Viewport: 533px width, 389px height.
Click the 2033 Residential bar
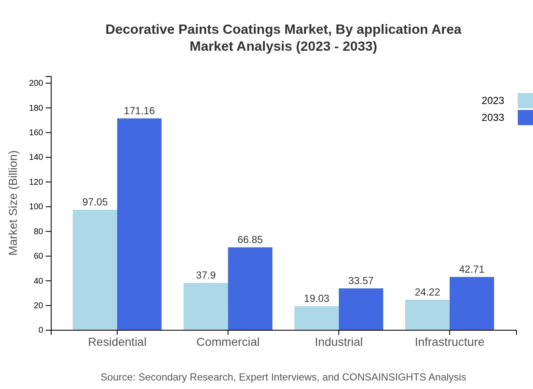(x=139, y=224)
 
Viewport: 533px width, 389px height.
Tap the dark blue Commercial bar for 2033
(x=250, y=288)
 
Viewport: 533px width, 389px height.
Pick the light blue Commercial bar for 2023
(x=206, y=306)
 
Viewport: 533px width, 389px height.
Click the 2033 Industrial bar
(x=361, y=309)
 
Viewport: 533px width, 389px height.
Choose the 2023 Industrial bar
(x=316, y=318)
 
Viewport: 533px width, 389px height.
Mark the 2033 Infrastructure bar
(x=472, y=303)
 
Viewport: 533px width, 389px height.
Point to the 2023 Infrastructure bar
(x=427, y=315)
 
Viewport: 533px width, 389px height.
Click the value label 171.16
(x=139, y=111)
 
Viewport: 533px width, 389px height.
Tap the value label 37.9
(x=206, y=275)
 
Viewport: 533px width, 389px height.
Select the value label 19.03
(x=316, y=299)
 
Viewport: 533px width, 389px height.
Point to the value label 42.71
(x=472, y=269)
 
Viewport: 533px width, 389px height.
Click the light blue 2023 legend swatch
(x=525, y=101)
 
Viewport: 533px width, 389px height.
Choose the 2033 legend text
(x=493, y=118)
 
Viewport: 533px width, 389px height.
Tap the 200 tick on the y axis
(x=36, y=83)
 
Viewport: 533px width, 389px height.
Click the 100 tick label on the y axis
(x=36, y=207)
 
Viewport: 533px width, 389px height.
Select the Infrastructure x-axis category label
(x=449, y=342)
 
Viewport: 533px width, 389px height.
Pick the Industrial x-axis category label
(x=338, y=342)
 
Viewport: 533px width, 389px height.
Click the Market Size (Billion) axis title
(x=14, y=203)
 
